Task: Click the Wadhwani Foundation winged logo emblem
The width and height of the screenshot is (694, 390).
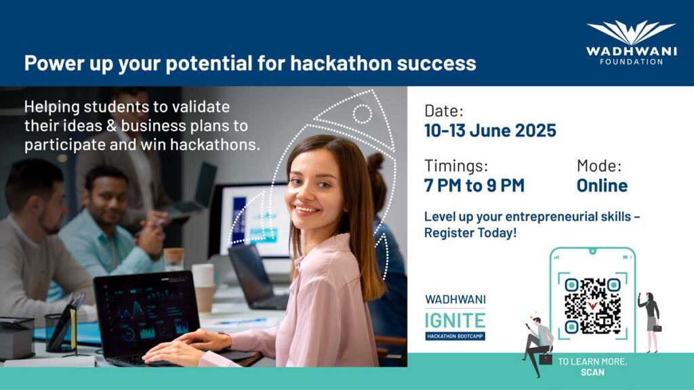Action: point(631,32)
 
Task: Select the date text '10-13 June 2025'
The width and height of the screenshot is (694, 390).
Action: point(490,131)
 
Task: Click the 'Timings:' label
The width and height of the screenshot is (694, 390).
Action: point(456,166)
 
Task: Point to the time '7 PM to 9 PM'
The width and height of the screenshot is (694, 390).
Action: point(474,186)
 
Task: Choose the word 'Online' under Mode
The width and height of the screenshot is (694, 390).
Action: point(602,186)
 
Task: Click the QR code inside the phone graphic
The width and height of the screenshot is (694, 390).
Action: point(592,306)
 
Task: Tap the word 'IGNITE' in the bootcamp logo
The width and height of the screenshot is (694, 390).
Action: point(455,320)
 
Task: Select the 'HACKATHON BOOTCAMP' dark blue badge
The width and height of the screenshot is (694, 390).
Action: point(455,336)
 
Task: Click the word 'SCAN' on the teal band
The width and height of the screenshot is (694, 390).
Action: point(592,372)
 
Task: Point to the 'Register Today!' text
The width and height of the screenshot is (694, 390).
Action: point(470,233)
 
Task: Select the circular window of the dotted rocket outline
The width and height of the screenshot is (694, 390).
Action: point(362,114)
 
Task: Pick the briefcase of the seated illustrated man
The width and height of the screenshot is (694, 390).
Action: point(546,359)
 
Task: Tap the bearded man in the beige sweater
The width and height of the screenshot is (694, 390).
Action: point(38,239)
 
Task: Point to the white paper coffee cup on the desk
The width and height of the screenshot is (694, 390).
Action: point(203,287)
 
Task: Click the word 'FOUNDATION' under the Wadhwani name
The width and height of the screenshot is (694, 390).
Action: point(631,62)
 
